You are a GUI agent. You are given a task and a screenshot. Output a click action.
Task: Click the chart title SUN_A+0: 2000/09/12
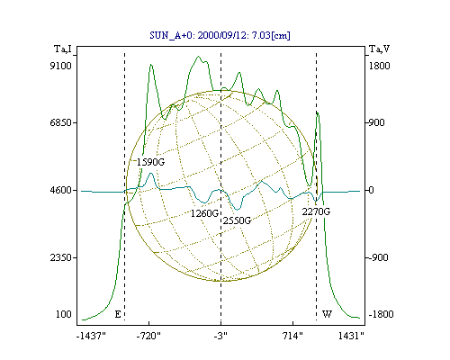coord(195,35)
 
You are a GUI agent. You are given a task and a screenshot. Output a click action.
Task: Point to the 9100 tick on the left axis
coord(60,66)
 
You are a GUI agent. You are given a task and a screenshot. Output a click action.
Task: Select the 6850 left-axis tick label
coord(60,122)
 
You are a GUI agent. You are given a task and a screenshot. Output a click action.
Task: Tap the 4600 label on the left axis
coord(60,190)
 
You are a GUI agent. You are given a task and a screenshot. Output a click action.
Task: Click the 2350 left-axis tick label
coord(60,257)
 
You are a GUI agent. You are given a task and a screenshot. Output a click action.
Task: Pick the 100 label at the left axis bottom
coord(64,314)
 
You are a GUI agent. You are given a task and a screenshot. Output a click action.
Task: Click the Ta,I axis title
coord(63,49)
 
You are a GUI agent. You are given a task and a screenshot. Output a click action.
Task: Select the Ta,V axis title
coord(379,49)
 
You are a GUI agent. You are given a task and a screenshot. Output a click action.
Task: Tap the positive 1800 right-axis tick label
coord(379,66)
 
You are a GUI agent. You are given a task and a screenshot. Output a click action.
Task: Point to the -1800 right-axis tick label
coord(381,314)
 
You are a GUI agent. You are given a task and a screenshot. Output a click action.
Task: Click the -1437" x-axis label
coord(91,336)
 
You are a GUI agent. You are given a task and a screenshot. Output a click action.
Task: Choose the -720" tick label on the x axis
coord(148,336)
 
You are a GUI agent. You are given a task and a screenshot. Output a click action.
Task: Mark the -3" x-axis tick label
coord(220,336)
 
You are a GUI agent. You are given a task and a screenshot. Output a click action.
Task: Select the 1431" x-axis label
coord(351,336)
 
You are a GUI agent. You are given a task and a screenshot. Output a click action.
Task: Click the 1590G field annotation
coord(150,162)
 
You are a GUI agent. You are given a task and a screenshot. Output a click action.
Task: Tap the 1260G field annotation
coord(204,213)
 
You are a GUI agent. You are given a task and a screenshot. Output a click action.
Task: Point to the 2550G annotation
coord(237,220)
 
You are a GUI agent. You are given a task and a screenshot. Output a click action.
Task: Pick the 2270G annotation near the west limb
coord(316,211)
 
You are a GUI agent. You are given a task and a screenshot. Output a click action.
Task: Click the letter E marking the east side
coord(118,314)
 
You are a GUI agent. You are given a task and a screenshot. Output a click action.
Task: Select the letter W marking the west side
coord(327,314)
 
